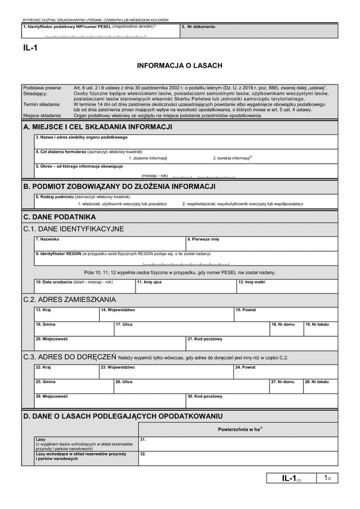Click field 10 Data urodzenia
83,286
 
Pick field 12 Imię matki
286,286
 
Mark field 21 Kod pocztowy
262,344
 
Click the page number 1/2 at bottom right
326,478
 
